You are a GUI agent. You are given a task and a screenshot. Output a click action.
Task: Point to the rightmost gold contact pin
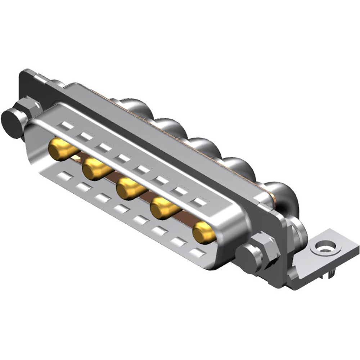[203, 232]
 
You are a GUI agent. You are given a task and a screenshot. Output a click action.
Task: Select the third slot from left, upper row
[104, 147]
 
